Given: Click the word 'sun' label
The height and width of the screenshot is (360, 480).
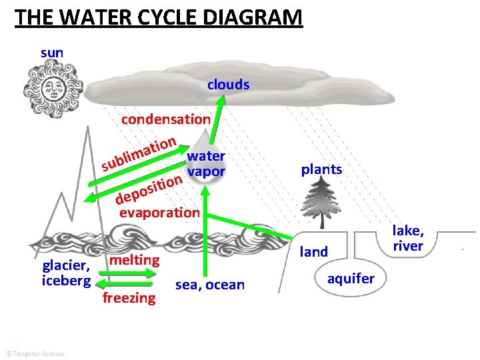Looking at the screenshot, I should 52,52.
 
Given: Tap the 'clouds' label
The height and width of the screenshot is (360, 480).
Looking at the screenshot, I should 228,85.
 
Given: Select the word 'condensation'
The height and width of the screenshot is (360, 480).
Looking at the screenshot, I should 165,119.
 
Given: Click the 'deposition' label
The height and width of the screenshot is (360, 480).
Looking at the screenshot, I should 149,189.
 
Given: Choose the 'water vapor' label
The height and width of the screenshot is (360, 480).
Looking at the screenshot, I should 206,164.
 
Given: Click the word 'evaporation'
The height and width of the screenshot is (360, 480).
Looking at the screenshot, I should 159,213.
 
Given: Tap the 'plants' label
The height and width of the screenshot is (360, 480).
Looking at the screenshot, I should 321,169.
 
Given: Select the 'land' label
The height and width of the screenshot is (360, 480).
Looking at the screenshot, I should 314,252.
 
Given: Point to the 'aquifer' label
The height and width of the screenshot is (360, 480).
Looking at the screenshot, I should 351,278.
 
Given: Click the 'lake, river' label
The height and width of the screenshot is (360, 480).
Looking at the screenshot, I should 408,238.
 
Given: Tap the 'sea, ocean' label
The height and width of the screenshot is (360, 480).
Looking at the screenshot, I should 210,285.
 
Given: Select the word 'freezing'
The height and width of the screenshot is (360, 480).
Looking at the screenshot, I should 129,297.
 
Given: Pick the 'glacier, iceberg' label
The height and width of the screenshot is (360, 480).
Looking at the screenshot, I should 66,273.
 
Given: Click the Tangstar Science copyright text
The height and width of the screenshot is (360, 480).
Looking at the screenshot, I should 35,353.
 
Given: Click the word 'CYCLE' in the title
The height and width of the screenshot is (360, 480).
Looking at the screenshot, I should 167,17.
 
